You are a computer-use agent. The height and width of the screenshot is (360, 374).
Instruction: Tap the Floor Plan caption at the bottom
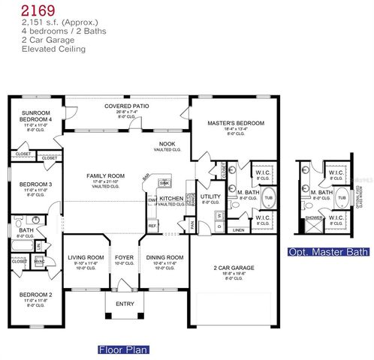pyautogui.click(x=123, y=349)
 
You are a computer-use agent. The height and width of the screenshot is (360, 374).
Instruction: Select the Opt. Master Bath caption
pyautogui.click(x=328, y=252)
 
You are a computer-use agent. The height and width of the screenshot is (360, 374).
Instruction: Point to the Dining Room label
pyautogui.click(x=161, y=259)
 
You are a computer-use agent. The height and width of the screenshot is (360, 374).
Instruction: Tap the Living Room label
pyautogui.click(x=85, y=259)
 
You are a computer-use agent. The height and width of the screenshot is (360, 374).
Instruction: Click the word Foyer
pyautogui.click(x=123, y=259)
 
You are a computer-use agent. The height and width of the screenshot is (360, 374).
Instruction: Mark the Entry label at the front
pyautogui.click(x=123, y=304)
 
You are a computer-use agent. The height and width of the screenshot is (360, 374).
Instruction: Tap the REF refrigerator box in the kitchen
pyautogui.click(x=152, y=225)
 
